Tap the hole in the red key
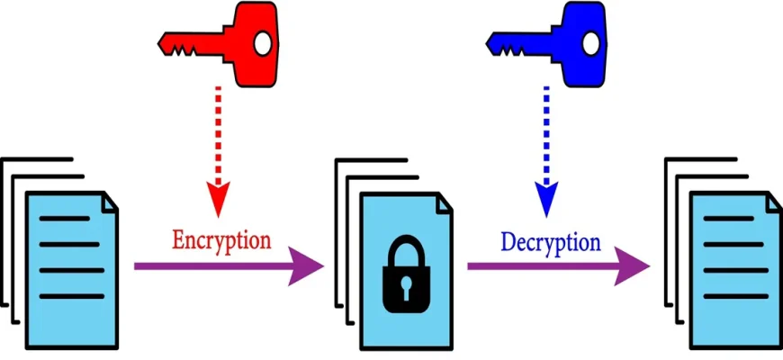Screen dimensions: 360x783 pos(262,42)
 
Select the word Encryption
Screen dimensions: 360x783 pos(221,240)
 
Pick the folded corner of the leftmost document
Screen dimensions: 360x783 pos(109,202)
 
